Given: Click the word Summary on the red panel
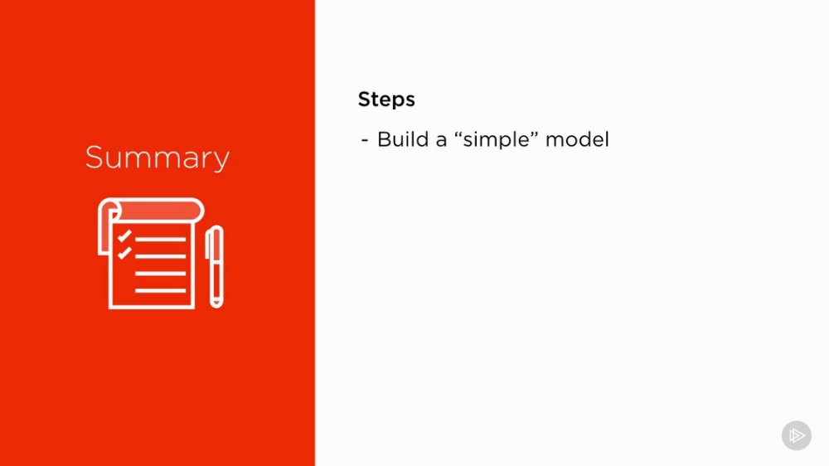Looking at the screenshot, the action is (x=157, y=158).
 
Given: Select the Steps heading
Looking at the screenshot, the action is (x=386, y=100).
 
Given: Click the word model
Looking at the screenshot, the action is (x=577, y=139).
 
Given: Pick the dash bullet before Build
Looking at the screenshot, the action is (x=364, y=141).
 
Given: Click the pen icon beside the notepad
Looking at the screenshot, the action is (x=215, y=266).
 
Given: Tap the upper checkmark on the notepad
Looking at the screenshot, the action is (x=125, y=236).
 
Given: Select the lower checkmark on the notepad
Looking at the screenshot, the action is (x=125, y=253).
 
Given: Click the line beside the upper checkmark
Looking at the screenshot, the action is (x=161, y=239).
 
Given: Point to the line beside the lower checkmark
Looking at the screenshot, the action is (x=161, y=256).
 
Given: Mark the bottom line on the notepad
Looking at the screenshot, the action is (x=161, y=290).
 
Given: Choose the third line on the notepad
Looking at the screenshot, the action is (x=161, y=274).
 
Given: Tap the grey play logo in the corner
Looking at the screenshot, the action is (x=797, y=435).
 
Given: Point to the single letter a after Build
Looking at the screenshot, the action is (x=441, y=142).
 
